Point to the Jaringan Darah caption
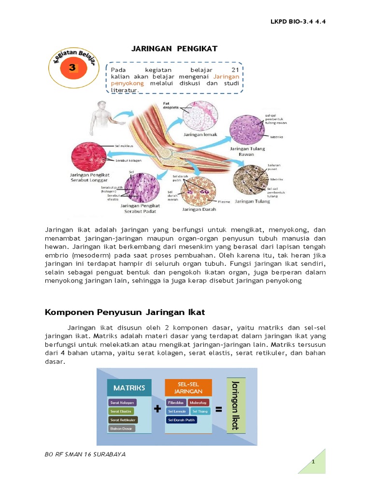pyautogui.click(x=199, y=209)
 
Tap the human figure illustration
pyautogui.click(x=100, y=118)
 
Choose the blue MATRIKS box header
pyautogui.click(x=129, y=387)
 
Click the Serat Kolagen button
pyautogui.click(x=123, y=402)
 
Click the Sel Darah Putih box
pyautogui.click(x=182, y=420)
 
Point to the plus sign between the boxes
pyautogui.click(x=157, y=410)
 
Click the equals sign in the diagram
pyautogui.click(x=218, y=410)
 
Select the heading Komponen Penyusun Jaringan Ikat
pyautogui.click(x=125, y=312)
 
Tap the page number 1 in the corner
pyautogui.click(x=314, y=462)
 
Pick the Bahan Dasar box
pyautogui.click(x=122, y=428)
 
